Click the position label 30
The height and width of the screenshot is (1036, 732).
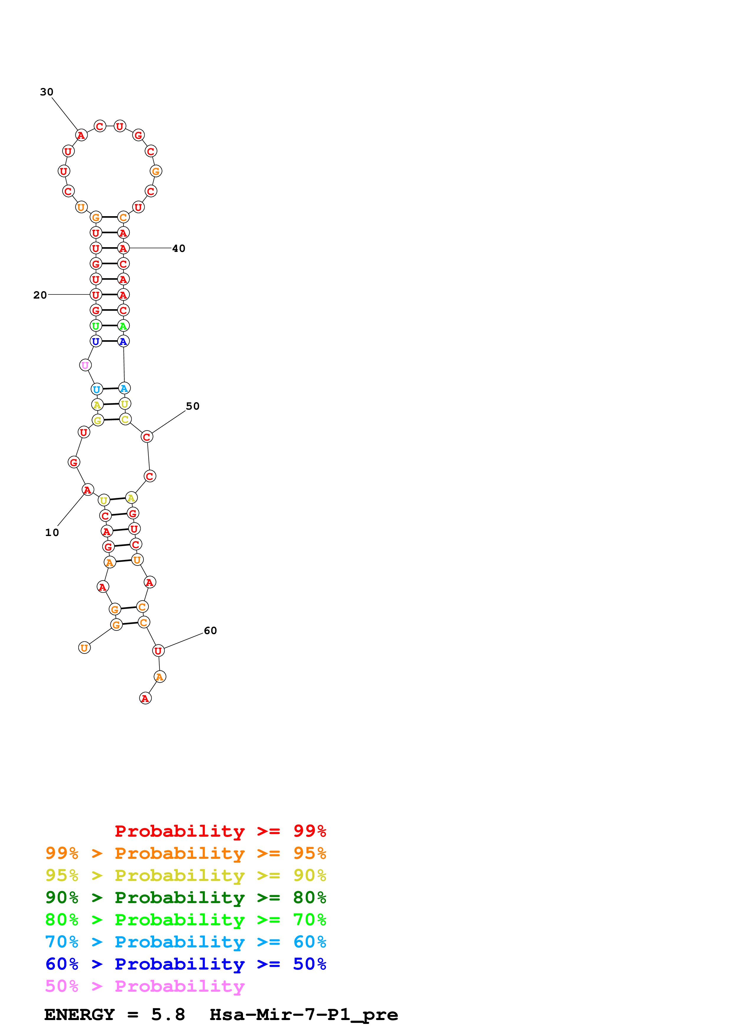click(46, 92)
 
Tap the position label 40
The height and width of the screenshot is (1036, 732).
click(179, 249)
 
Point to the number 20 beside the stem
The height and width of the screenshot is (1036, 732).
click(40, 295)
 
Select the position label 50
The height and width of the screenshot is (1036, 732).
click(193, 406)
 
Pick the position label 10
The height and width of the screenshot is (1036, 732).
click(52, 532)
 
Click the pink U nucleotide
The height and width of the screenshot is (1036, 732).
click(85, 365)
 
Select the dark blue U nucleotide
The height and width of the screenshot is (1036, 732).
click(96, 342)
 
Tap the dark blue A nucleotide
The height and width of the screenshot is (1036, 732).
click(123, 342)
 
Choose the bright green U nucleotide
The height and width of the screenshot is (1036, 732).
click(96, 326)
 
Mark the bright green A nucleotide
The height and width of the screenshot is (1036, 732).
click(123, 326)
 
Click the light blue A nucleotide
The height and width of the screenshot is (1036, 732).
click(124, 389)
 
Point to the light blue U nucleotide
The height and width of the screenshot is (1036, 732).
click(97, 390)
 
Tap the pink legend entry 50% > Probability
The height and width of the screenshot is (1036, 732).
click(145, 986)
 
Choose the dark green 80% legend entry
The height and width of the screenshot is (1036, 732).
click(185, 897)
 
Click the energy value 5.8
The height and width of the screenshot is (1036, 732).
click(168, 1015)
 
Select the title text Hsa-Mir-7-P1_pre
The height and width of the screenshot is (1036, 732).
click(304, 1015)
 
